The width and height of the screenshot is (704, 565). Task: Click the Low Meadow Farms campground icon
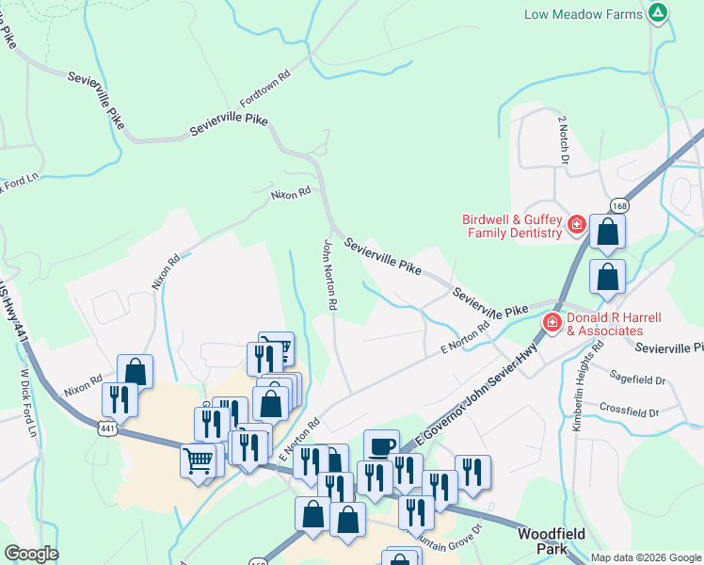coord(659,13)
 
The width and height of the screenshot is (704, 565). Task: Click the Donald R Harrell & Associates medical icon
coord(551,324)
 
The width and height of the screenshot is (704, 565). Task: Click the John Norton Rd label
coord(329,275)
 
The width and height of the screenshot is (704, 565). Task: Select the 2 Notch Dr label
coord(564,139)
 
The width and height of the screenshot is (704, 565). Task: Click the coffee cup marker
coord(380,445)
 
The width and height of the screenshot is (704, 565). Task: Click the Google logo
coord(31,554)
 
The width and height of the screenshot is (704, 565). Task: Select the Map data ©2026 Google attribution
coord(646,557)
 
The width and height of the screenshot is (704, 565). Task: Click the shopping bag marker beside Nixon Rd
coord(135,371)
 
